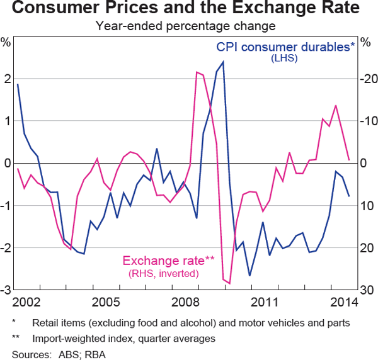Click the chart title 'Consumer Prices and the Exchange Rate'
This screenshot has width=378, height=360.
click(x=189, y=9)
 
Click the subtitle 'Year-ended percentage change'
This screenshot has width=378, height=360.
click(x=189, y=26)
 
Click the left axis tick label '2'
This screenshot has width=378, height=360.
click(x=8, y=79)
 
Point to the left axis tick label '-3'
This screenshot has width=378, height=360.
click(x=6, y=290)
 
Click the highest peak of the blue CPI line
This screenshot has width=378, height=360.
click(x=224, y=62)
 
